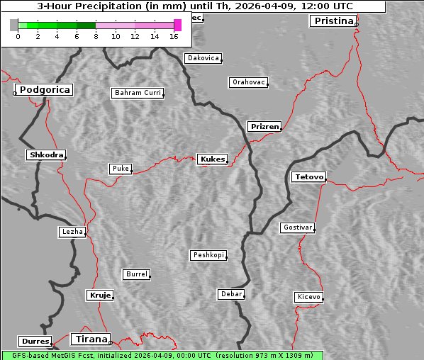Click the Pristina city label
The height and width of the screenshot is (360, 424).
tap(332, 21)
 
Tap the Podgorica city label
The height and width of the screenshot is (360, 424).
tap(44, 90)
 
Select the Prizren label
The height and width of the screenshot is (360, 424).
tap(264, 127)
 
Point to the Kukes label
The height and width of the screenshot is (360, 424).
tap(212, 159)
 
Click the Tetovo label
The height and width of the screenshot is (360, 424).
tap(308, 176)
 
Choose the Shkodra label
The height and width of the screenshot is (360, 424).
tap(46, 155)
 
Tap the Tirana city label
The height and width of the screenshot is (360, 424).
tap(90, 339)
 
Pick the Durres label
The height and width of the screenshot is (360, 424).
tap(35, 342)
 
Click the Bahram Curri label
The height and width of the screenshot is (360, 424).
tap(138, 93)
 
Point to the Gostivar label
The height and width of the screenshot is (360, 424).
tap(296, 227)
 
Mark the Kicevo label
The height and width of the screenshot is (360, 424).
tap(308, 297)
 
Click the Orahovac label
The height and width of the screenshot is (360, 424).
tap(248, 83)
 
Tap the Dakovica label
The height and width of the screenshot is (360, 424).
tap(202, 58)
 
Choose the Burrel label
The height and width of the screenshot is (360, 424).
tap(136, 274)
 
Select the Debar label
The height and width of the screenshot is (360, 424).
tap(231, 294)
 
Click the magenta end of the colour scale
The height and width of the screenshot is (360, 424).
tap(177, 25)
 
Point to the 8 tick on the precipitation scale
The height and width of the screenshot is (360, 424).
tap(96, 35)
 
